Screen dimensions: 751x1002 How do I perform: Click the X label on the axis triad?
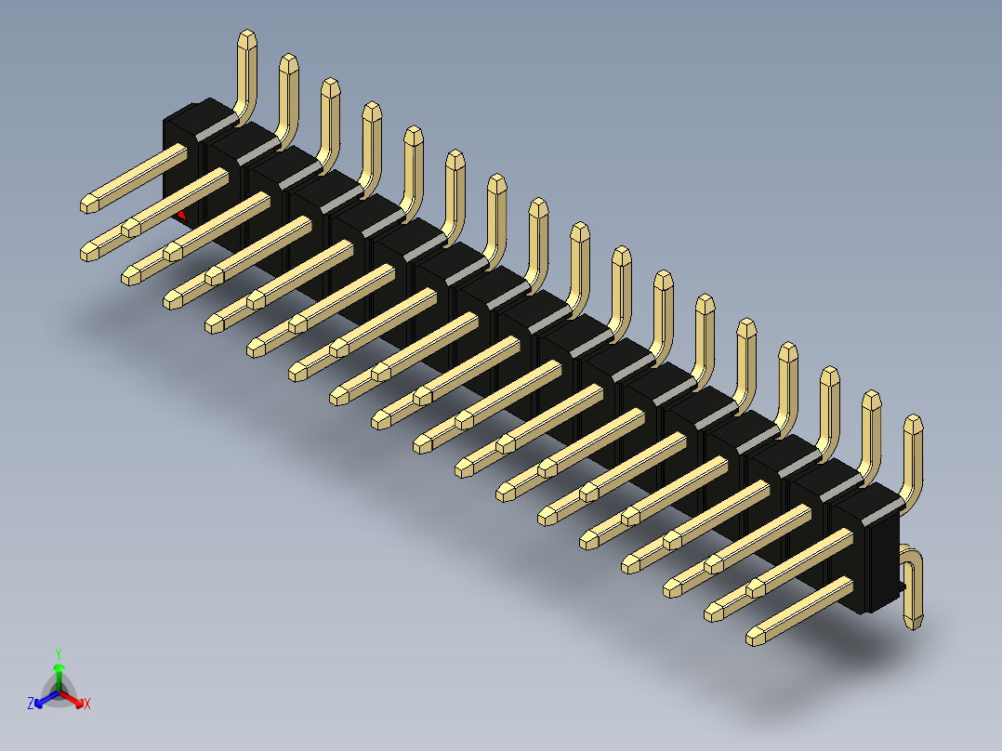tap(86, 705)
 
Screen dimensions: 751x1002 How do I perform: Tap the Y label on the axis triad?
tap(59, 653)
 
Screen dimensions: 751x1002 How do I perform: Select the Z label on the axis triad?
tap(31, 704)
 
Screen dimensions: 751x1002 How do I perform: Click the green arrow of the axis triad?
tap(59, 671)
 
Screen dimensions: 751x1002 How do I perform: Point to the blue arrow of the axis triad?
tap(43, 700)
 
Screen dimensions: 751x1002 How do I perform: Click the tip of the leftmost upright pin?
tap(247, 38)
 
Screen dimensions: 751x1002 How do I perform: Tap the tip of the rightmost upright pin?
tap(914, 424)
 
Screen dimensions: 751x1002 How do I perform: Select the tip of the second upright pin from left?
tap(288, 62)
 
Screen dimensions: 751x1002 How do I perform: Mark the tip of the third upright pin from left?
tap(330, 86)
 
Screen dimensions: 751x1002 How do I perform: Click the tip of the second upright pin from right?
tap(871, 400)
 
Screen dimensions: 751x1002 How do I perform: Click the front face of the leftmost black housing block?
tap(177, 167)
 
